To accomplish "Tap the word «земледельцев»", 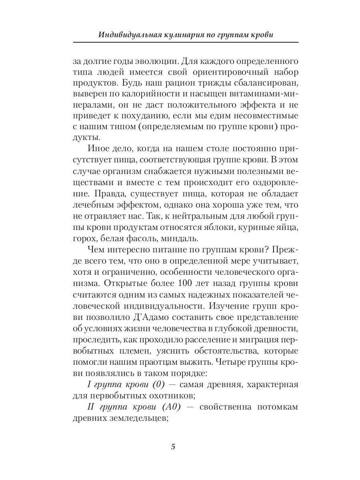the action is point(134,418).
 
